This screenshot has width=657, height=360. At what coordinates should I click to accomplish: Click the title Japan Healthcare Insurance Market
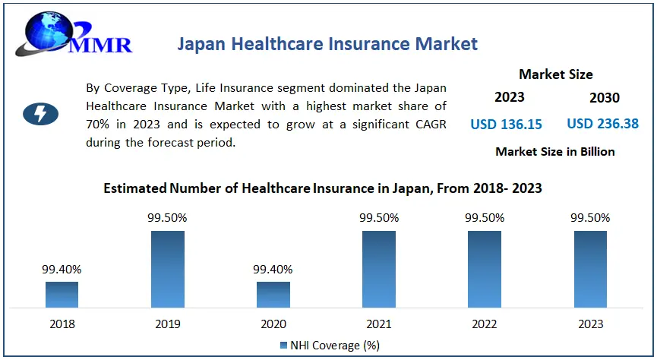click(x=327, y=43)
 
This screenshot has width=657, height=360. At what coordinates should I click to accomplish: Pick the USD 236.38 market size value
click(x=602, y=123)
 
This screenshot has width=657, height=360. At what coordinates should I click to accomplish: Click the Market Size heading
click(x=555, y=74)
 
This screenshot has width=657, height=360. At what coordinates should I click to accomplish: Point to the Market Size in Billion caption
click(x=554, y=151)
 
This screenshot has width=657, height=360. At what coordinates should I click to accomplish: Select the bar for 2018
click(x=62, y=294)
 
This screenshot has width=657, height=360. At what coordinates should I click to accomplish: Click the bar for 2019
click(x=167, y=269)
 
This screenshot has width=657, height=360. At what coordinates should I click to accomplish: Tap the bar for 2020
click(x=273, y=294)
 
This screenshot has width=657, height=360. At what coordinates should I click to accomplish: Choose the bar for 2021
click(x=378, y=269)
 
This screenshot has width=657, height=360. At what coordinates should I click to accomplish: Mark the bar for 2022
click(x=484, y=269)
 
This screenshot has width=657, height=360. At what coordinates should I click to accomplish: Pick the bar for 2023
click(x=590, y=269)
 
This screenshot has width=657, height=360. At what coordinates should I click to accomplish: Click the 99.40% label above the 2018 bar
click(x=62, y=269)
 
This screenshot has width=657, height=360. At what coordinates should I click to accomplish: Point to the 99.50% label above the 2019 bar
click(x=167, y=218)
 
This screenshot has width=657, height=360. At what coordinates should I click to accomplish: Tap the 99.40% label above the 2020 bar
click(x=273, y=269)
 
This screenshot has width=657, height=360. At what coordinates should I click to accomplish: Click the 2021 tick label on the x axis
click(x=378, y=324)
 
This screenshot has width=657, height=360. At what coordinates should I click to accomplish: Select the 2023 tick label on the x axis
click(x=590, y=324)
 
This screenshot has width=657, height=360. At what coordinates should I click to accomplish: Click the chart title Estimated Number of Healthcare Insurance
click(x=323, y=188)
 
